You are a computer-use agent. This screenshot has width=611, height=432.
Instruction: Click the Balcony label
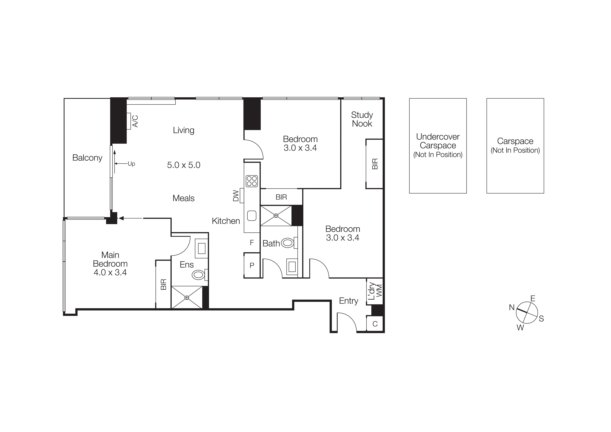[x=87, y=158]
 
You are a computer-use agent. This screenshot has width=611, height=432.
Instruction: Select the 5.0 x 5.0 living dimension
[x=184, y=165]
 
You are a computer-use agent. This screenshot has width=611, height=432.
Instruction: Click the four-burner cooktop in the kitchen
[x=252, y=181]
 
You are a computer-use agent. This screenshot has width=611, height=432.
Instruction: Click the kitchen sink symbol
[x=252, y=216]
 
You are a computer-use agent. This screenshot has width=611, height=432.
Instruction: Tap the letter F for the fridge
[x=252, y=242]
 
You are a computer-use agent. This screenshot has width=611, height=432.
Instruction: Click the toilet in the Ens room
[x=199, y=275]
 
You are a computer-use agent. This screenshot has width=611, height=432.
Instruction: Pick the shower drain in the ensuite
[x=187, y=298]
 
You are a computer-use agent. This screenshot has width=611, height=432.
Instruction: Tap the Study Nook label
[x=362, y=119]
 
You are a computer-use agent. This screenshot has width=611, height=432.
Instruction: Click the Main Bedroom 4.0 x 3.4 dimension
[x=110, y=273]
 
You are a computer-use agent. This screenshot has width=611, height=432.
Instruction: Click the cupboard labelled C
[x=375, y=324]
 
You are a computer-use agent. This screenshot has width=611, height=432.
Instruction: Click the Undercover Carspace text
[x=438, y=141]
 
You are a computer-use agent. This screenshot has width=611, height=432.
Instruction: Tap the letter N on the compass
[x=512, y=307]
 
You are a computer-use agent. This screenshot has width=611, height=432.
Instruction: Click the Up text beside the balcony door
[x=132, y=164]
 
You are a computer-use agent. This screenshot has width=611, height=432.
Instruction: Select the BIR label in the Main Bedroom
[x=163, y=284]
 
